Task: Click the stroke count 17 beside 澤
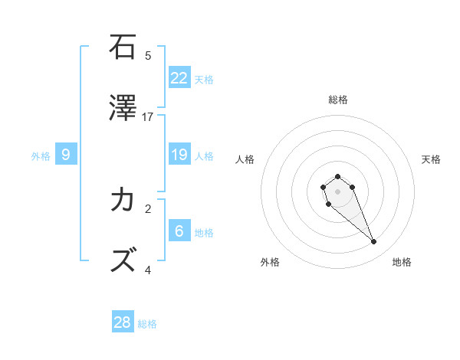[x=148, y=116]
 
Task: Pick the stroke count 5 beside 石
[x=148, y=55]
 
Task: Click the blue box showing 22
[x=179, y=78]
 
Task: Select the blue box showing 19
[x=179, y=155]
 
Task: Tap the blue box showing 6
[x=179, y=231]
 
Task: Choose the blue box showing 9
[x=66, y=155]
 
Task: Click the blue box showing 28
[x=123, y=322]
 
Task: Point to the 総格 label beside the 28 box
[x=147, y=324]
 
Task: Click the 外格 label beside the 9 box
[x=41, y=156]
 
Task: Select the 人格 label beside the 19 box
[x=204, y=156]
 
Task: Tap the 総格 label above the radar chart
[x=338, y=100]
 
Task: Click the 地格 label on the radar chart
[x=402, y=263]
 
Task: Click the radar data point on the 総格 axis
[x=338, y=176]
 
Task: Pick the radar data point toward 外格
[x=328, y=205]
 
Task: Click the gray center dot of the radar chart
[x=338, y=191]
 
